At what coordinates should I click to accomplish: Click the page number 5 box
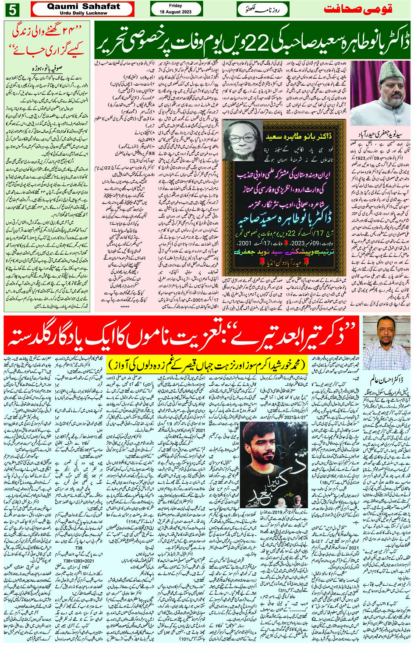(x=12, y=9)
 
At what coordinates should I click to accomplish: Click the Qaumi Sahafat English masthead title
(x=83, y=6)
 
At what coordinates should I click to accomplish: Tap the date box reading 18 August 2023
(x=176, y=11)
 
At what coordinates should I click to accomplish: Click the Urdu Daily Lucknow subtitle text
(x=83, y=13)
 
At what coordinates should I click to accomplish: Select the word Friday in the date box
(x=176, y=6)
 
